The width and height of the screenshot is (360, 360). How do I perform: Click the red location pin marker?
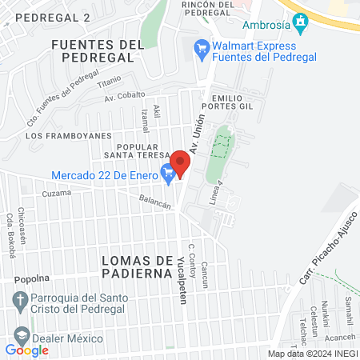point(181,163)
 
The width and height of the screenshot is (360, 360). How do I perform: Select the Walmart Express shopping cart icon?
point(202,50)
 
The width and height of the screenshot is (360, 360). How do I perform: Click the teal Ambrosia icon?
point(301,22)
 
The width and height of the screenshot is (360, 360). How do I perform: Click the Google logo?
point(26,350)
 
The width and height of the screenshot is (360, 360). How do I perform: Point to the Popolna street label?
point(31,280)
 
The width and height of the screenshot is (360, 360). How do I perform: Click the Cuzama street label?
point(56,194)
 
